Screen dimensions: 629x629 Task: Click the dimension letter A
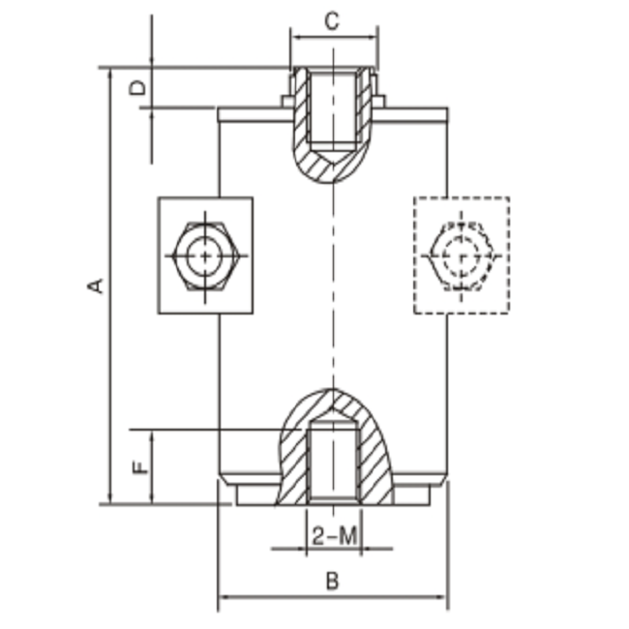(95, 285)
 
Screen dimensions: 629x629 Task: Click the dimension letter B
(332, 582)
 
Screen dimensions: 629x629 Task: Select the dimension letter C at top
(332, 20)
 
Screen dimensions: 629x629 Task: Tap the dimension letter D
(139, 88)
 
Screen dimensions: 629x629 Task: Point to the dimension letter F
(140, 467)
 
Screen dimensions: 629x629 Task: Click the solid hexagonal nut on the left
(205, 255)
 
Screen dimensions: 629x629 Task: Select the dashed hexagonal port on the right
(463, 255)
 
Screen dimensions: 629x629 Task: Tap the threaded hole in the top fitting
(334, 106)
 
